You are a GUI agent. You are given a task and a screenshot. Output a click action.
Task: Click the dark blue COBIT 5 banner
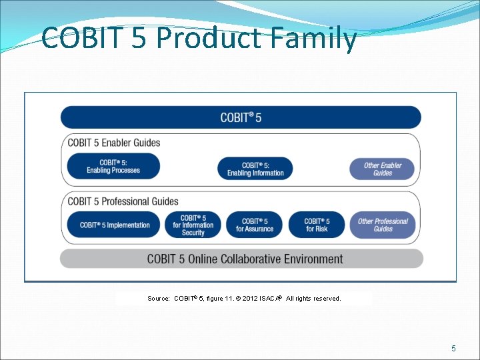(x=241, y=117)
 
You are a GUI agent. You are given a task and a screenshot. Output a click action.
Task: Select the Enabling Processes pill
(x=113, y=167)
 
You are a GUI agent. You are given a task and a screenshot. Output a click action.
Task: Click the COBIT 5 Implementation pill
(x=114, y=225)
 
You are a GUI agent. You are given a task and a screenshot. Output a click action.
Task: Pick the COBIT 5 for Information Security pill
(x=193, y=225)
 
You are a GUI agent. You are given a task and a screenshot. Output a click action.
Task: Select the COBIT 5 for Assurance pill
(x=255, y=225)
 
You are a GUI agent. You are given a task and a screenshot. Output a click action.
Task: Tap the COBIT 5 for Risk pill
(x=317, y=225)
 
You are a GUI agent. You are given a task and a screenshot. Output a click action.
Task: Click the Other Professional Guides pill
(x=383, y=225)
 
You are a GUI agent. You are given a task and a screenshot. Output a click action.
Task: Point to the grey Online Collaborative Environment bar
(x=241, y=259)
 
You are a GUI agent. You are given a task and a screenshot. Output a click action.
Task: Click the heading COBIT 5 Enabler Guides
(x=114, y=143)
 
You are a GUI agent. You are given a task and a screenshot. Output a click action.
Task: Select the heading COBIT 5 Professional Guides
(x=123, y=201)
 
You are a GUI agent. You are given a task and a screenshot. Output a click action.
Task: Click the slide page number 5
(x=453, y=348)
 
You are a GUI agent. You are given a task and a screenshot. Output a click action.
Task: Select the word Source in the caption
(x=158, y=299)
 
